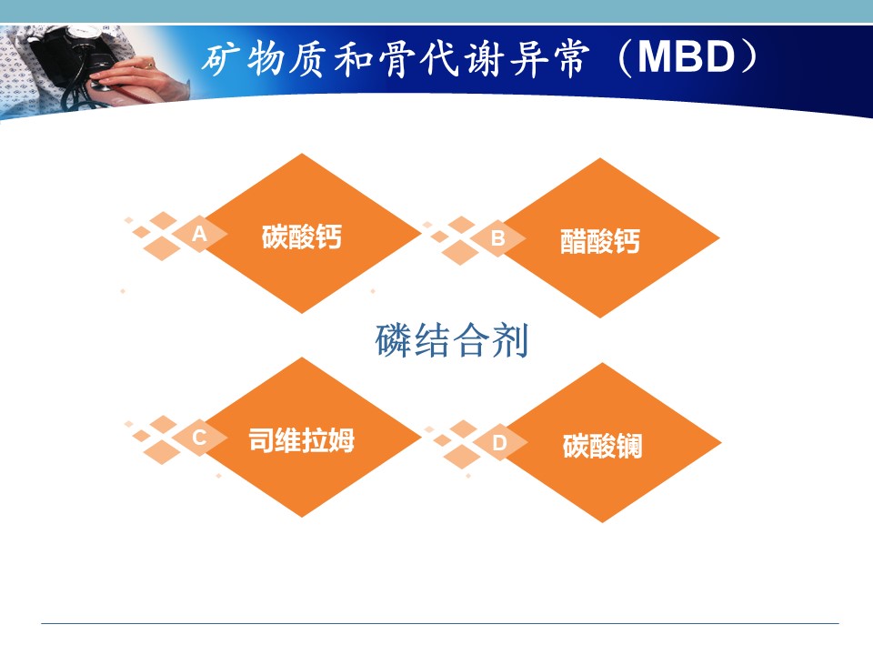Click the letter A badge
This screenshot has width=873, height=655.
(199, 234)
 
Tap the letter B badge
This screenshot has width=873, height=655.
(497, 237)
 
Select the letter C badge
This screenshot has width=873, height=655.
(199, 438)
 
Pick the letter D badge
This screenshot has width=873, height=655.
(499, 442)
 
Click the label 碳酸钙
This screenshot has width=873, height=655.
(302, 237)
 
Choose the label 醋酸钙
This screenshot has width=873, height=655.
(600, 241)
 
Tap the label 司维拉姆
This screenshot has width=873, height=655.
(301, 440)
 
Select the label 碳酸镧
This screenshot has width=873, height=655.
(602, 446)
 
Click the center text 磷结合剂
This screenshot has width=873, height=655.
(452, 339)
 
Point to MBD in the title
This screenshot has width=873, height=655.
(687, 56)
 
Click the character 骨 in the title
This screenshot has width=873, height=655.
(397, 58)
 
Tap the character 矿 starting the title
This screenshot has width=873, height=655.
(220, 58)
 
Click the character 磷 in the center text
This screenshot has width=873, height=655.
(394, 339)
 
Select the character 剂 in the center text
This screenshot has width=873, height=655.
(510, 339)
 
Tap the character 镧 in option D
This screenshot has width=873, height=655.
(629, 446)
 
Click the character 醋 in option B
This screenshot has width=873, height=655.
(574, 241)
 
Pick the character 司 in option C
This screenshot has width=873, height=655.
(261, 440)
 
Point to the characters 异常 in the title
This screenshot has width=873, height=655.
(549, 58)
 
